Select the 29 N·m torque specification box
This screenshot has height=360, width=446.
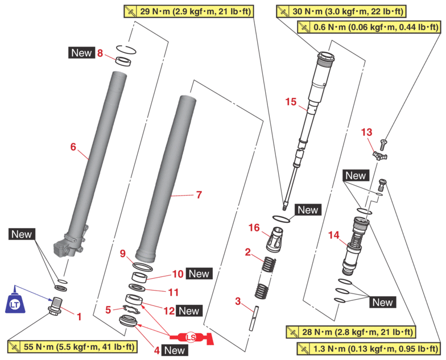coord(188,11)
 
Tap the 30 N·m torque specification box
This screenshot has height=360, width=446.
coord(340,11)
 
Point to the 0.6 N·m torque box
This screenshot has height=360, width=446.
coord(369,27)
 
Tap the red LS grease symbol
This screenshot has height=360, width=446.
coord(191,338)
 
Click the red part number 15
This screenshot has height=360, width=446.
coord(291,102)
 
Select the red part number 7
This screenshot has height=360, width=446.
coord(199,195)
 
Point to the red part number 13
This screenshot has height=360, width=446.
coord(367,133)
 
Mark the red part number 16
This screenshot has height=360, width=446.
coord(254,227)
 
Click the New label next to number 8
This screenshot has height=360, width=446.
coord(81,53)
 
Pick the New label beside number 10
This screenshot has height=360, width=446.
coord(199,274)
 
